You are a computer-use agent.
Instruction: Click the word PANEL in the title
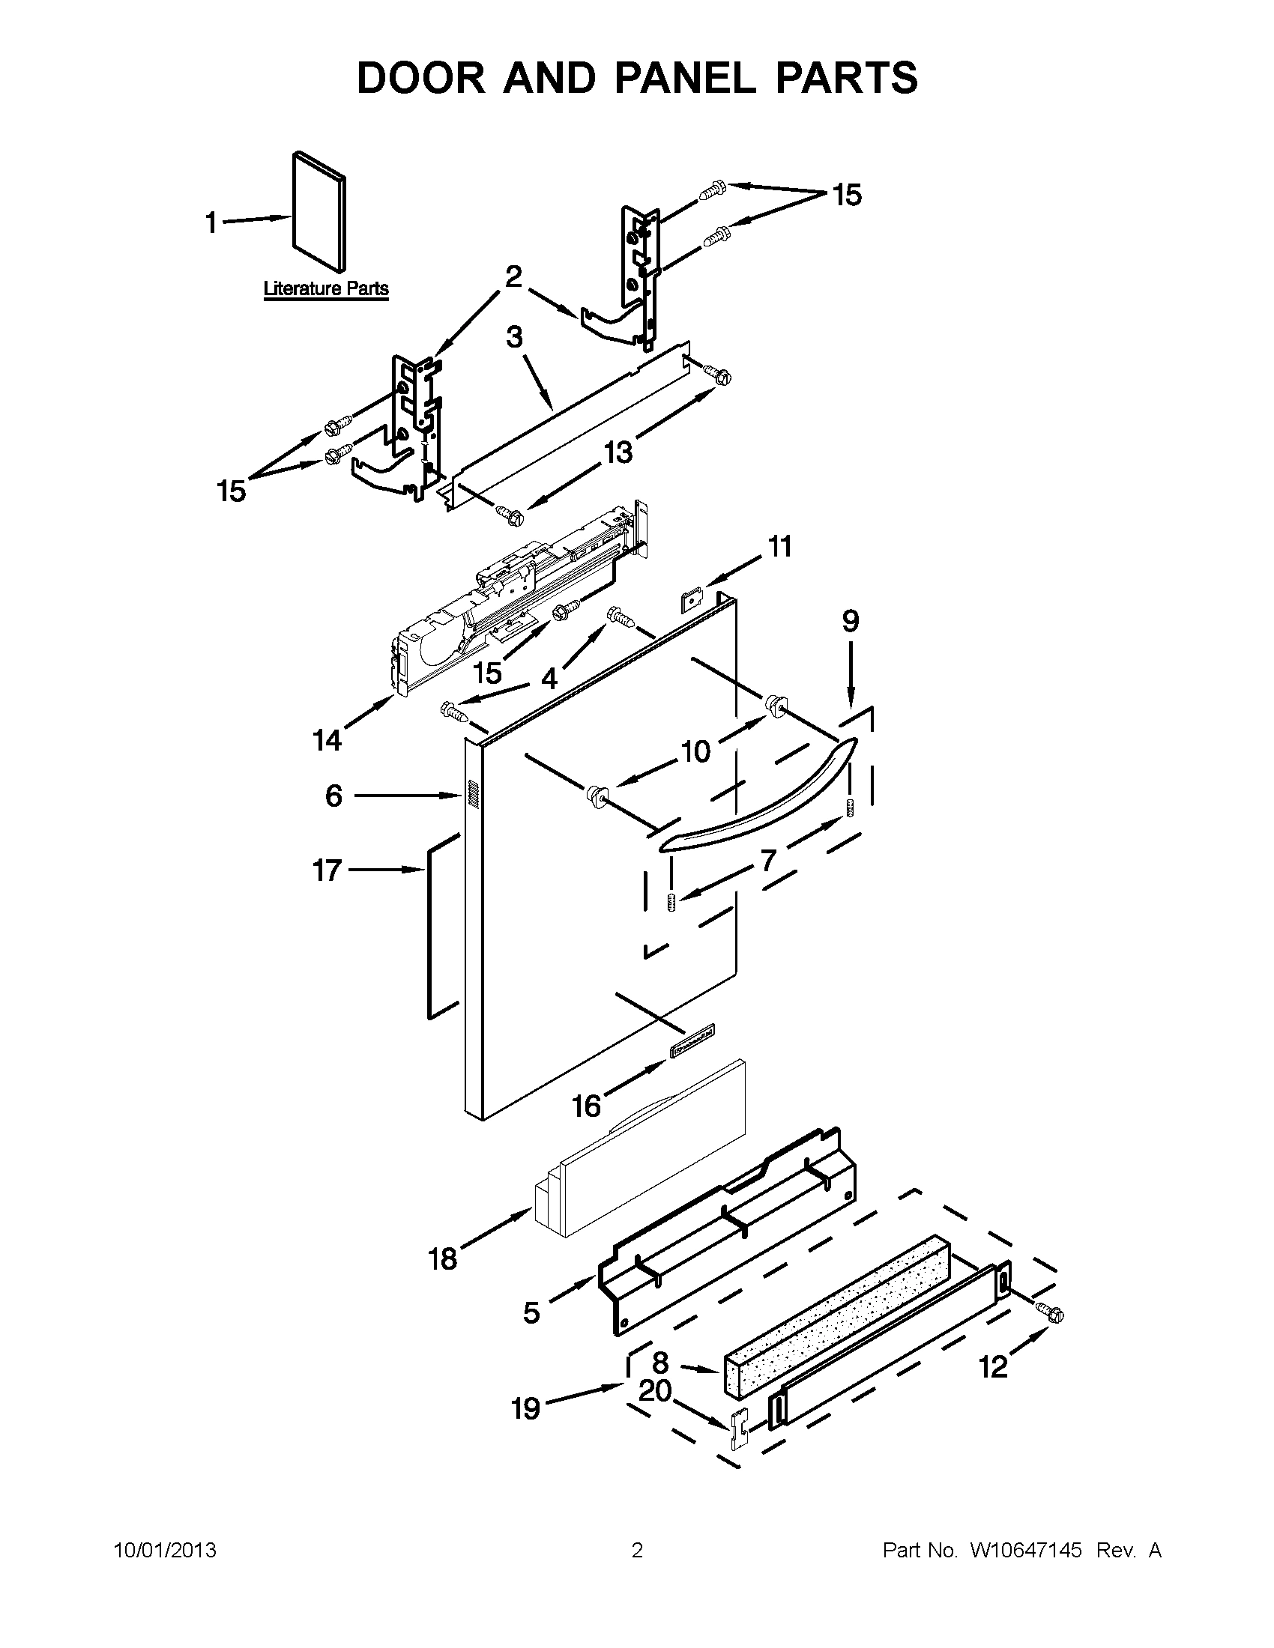click(x=685, y=78)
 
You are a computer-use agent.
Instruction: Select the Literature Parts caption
click(x=326, y=288)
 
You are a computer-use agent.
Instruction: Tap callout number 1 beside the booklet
click(x=211, y=222)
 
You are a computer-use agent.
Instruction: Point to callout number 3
click(x=514, y=336)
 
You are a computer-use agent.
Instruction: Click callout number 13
click(x=618, y=452)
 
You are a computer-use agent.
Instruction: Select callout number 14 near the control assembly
click(x=327, y=740)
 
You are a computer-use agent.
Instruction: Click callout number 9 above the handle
click(x=850, y=621)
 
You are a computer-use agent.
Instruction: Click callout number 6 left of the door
click(x=333, y=796)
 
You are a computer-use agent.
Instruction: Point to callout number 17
click(x=327, y=870)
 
